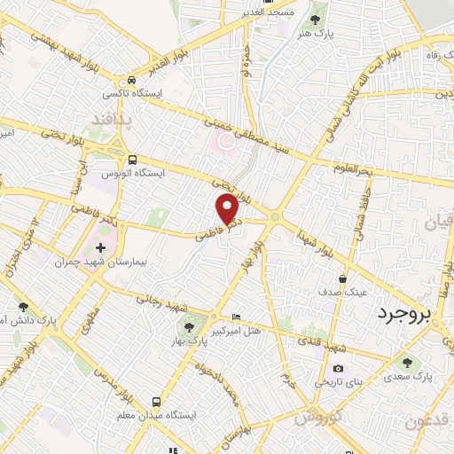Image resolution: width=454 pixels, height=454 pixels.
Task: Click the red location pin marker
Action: pyautogui.click(x=229, y=209)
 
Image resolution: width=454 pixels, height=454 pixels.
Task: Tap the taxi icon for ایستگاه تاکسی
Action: pyautogui.click(x=131, y=79)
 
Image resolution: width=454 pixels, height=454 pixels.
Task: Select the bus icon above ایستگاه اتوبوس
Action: pyautogui.click(x=131, y=160)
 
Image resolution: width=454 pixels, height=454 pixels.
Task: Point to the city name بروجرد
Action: pyautogui.click(x=408, y=315)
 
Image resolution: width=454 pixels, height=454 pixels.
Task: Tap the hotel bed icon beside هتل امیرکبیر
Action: pyautogui.click(x=235, y=317)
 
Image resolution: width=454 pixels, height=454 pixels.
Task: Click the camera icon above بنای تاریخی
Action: pyautogui.click(x=338, y=368)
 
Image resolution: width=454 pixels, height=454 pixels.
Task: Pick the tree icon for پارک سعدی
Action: pyautogui.click(x=408, y=361)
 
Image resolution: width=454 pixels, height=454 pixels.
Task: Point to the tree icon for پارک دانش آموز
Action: pyautogui.click(x=22, y=307)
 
